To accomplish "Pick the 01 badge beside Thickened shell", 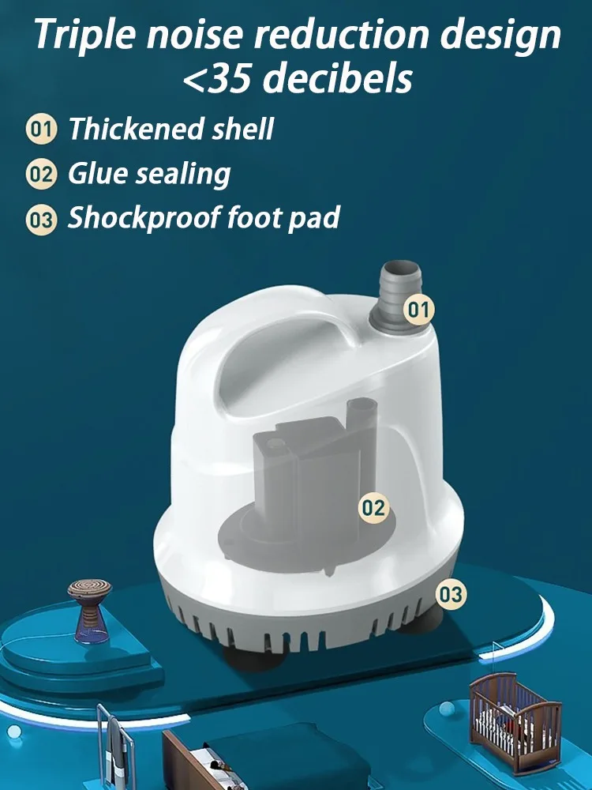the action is (x=41, y=130).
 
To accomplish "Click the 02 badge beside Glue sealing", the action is (x=41, y=175).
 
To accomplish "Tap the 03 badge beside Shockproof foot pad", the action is (x=41, y=219).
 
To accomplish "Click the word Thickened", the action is (x=137, y=129).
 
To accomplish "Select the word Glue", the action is (x=98, y=174).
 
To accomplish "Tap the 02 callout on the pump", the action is (x=373, y=508).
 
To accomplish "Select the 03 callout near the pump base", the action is (x=451, y=595).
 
